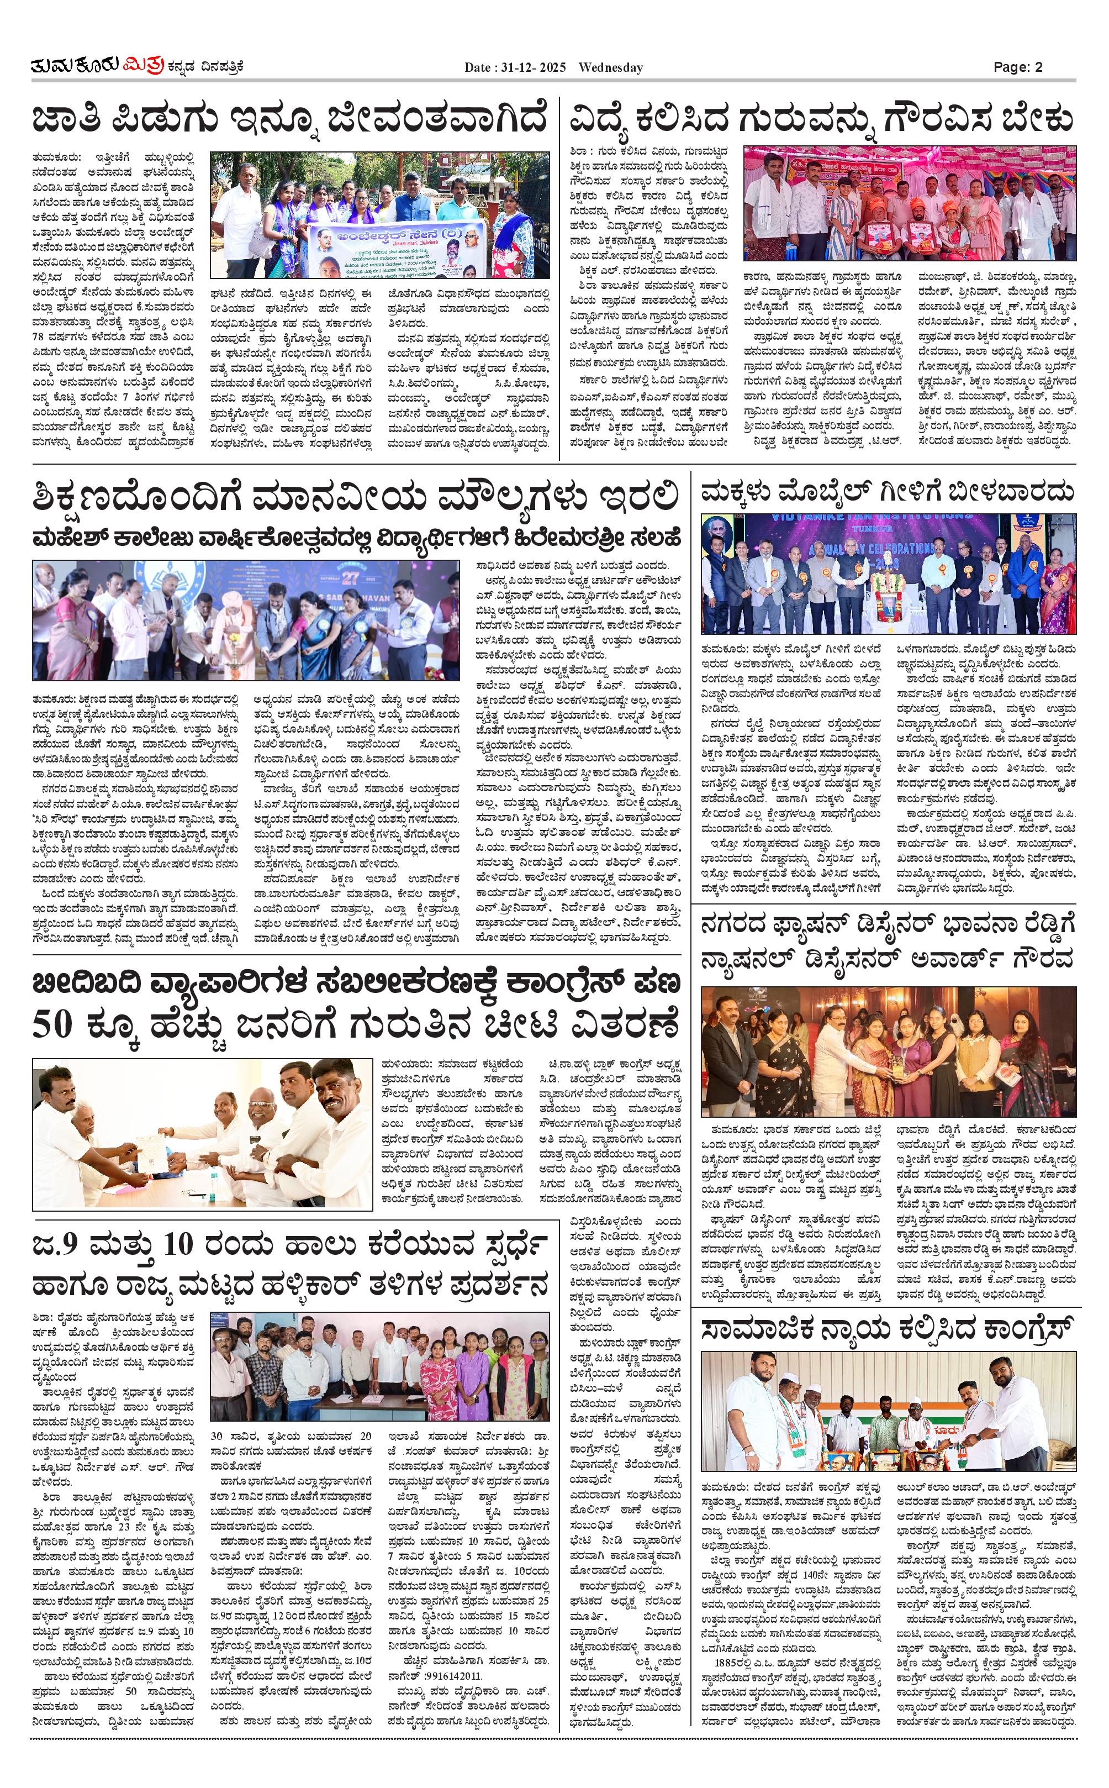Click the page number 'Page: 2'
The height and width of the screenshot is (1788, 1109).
pos(1017,67)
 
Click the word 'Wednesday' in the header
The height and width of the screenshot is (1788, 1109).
pos(610,67)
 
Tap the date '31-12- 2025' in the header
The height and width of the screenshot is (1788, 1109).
pos(533,67)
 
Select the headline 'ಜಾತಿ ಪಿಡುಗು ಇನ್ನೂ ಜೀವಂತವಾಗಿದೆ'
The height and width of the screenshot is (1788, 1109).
pos(290,119)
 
